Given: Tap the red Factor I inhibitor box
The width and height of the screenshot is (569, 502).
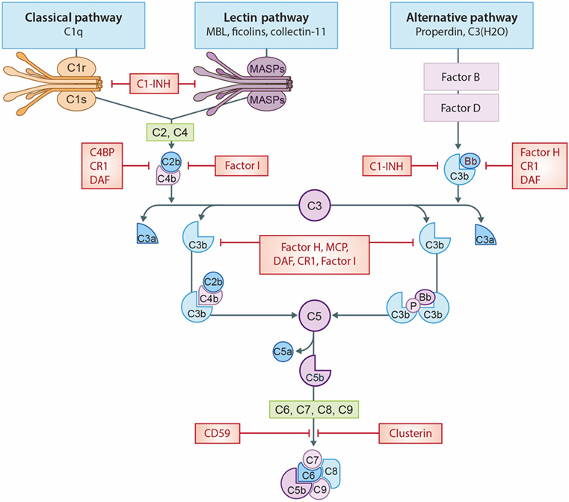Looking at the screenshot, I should click(241, 165).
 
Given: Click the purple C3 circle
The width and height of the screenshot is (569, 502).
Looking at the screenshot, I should click(315, 205).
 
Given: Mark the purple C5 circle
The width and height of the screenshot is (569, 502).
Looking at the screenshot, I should click(315, 315).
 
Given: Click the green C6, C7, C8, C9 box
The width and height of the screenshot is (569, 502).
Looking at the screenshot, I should click(315, 408).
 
